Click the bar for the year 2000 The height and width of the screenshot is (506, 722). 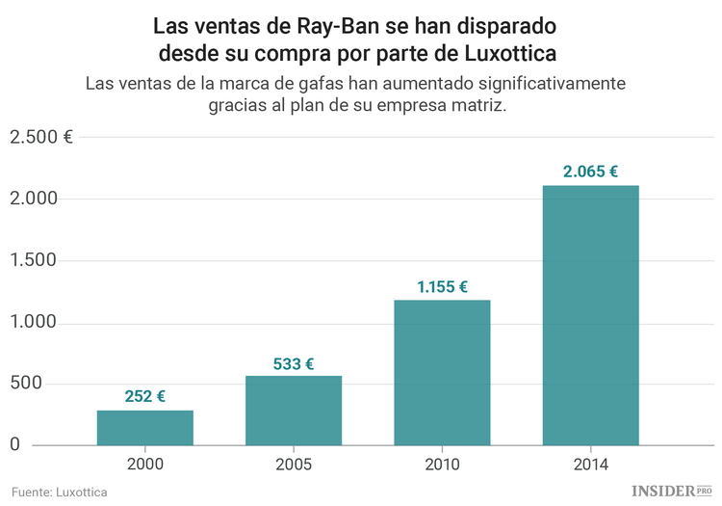144,428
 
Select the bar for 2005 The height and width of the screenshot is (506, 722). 294,411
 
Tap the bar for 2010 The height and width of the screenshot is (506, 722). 442,373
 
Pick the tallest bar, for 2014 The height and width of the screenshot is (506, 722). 590,315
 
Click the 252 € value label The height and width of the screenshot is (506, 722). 144,396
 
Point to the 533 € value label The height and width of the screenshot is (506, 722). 294,363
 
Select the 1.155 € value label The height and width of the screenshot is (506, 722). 442,286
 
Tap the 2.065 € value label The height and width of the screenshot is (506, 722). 590,172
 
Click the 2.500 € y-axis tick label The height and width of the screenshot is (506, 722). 40,137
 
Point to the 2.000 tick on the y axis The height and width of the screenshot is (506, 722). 35,199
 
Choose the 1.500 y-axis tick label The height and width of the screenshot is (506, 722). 35,260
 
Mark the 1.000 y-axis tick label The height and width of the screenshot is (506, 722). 35,322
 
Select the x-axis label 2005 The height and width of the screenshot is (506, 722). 294,464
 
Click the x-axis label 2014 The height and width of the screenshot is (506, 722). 590,464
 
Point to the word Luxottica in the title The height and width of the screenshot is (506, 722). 504,49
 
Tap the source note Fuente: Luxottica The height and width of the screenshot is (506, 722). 60,492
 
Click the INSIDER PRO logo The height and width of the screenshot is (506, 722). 671,491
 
